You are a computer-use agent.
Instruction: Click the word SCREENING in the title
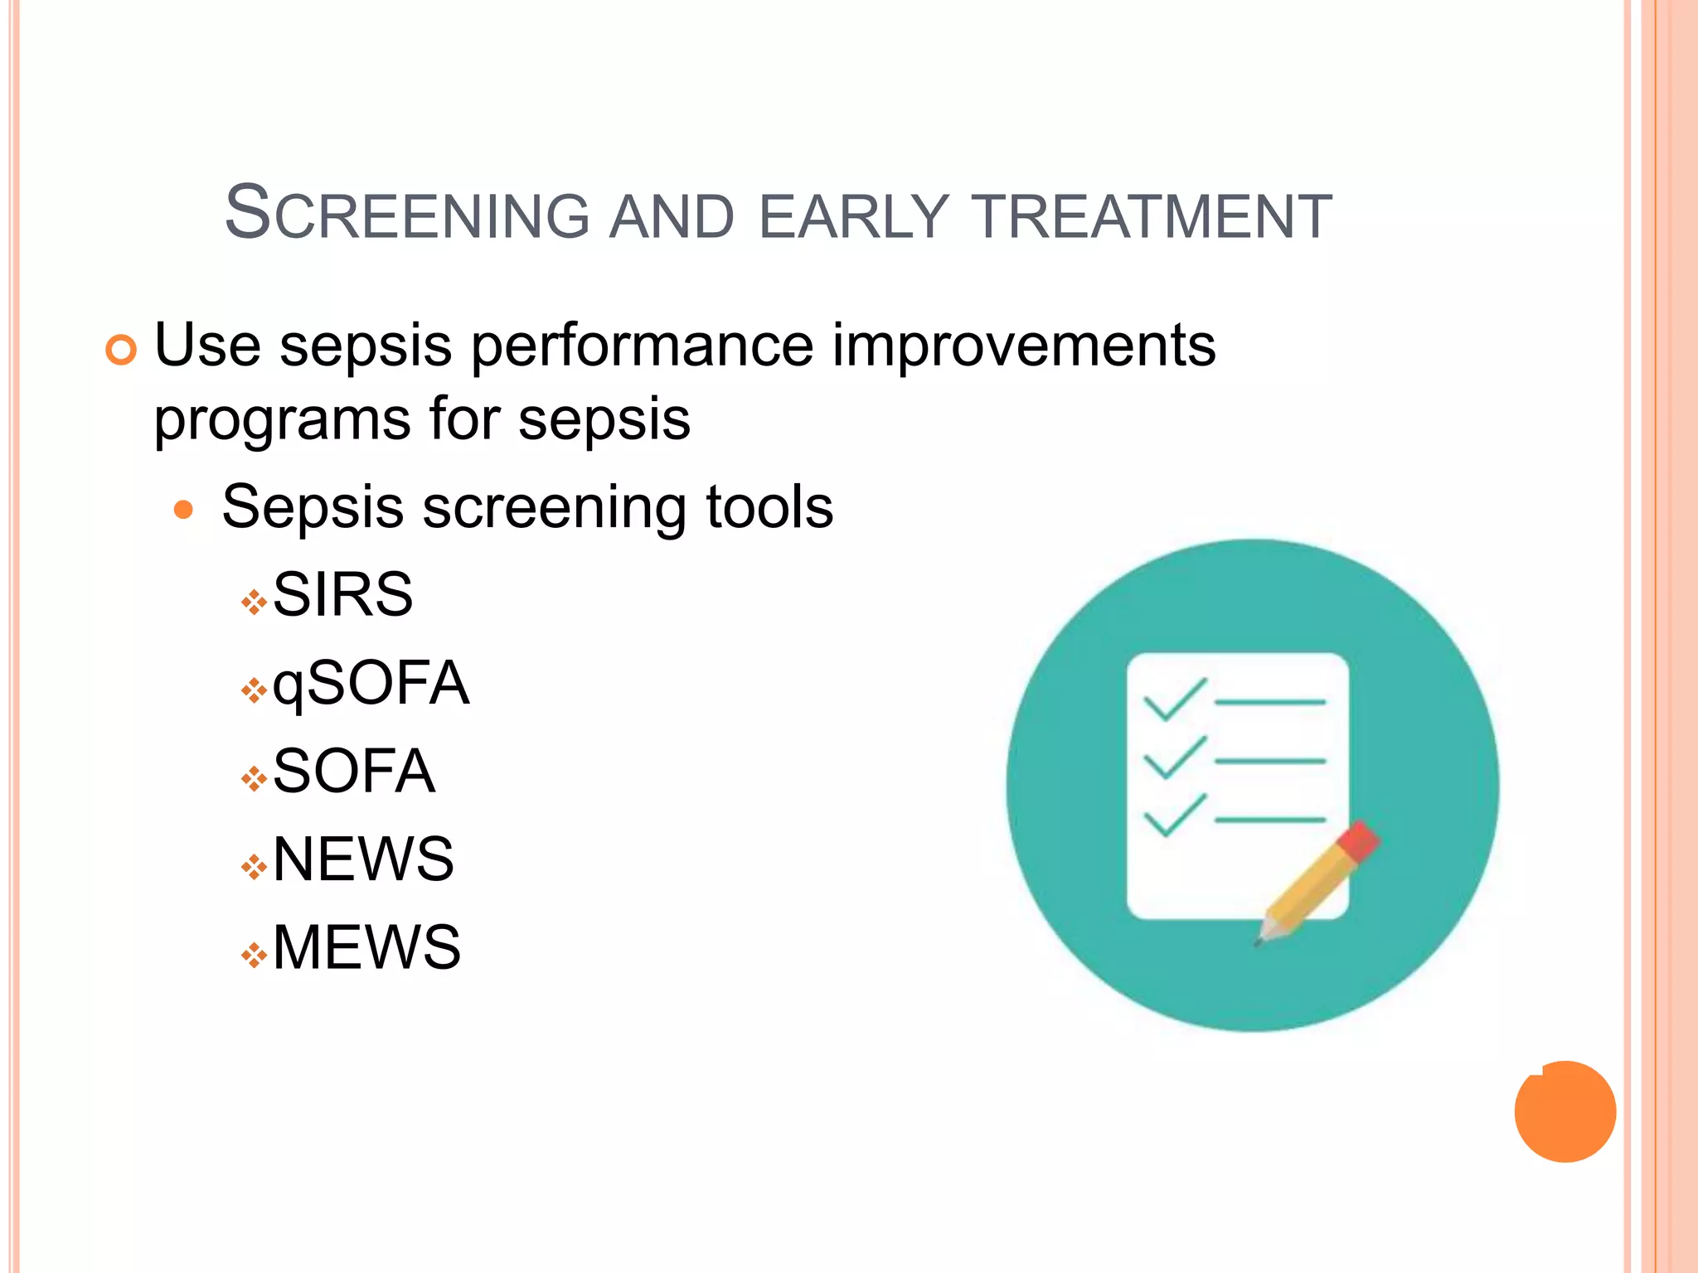(407, 215)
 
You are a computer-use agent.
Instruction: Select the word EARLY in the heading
(853, 216)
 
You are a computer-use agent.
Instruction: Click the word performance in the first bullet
(643, 346)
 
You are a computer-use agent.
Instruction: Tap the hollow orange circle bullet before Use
(121, 351)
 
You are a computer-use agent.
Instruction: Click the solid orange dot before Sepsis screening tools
(183, 509)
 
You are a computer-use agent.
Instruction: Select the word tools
(769, 507)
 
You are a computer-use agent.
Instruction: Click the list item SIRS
(342, 595)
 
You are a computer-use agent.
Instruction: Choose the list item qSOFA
(371, 684)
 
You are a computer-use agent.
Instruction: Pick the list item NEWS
(363, 859)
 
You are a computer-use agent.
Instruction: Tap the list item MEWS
(366, 947)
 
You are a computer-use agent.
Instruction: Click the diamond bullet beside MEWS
(254, 956)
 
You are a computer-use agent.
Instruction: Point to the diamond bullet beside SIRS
(254, 603)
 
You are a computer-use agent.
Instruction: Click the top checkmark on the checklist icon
(1174, 699)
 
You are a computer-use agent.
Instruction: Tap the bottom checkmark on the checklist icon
(1174, 816)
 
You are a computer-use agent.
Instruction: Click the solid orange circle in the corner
(1565, 1111)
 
